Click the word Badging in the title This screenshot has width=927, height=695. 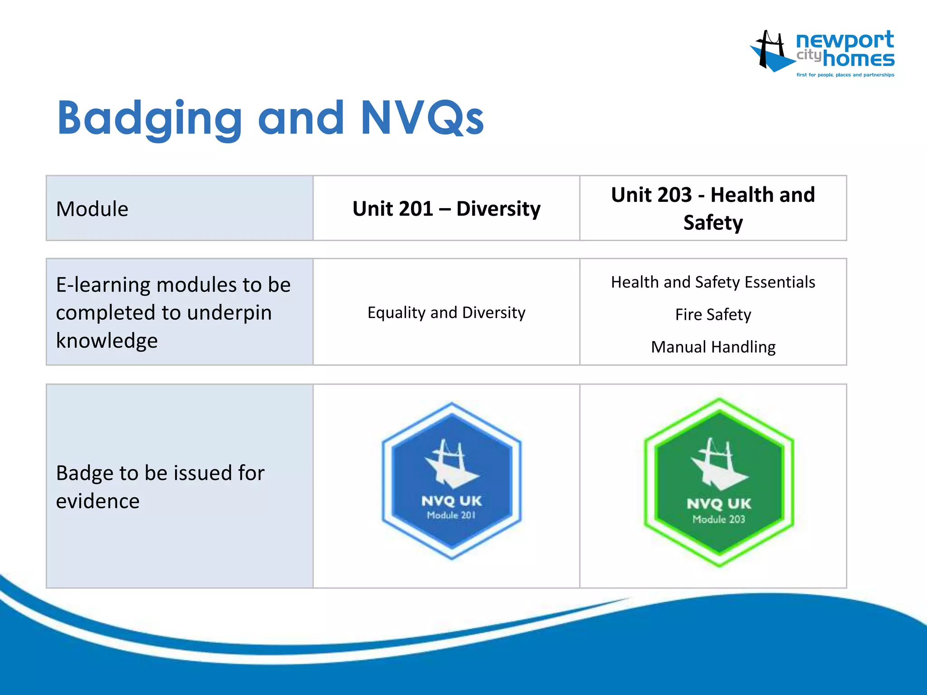click(149, 119)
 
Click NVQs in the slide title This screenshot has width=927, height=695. click(422, 119)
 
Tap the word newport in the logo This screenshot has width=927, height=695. click(845, 41)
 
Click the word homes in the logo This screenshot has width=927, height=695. click(858, 59)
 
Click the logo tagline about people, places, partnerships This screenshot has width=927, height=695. click(845, 75)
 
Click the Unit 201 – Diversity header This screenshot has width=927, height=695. click(446, 209)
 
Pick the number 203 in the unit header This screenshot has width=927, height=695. click(674, 195)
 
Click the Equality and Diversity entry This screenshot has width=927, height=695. click(446, 313)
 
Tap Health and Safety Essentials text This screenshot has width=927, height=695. click(713, 282)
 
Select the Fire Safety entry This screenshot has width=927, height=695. click(713, 314)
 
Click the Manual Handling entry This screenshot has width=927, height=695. click(713, 347)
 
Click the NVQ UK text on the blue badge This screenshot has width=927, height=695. click(451, 501)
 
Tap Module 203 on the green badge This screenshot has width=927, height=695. click(718, 519)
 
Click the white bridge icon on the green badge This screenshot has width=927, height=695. click(718, 464)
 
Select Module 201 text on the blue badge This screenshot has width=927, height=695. click(451, 515)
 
